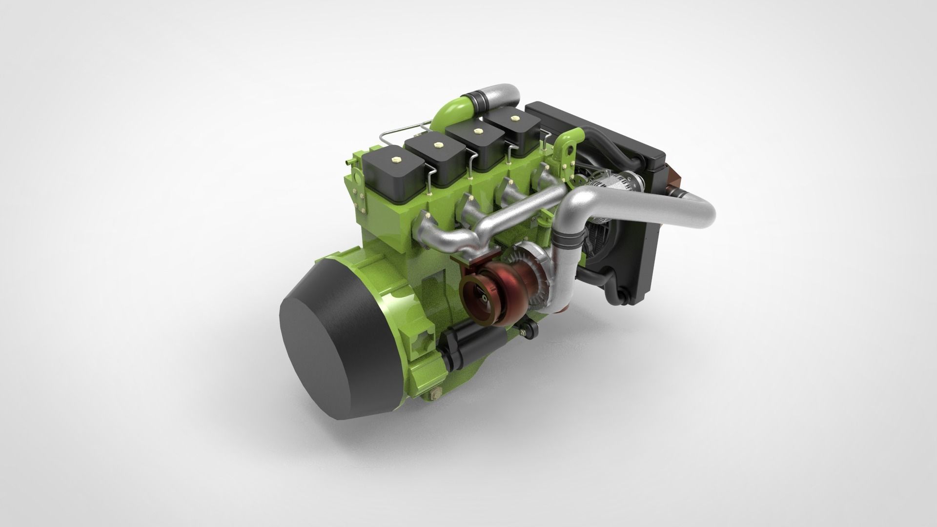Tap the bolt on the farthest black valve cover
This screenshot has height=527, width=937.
click(513, 118)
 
